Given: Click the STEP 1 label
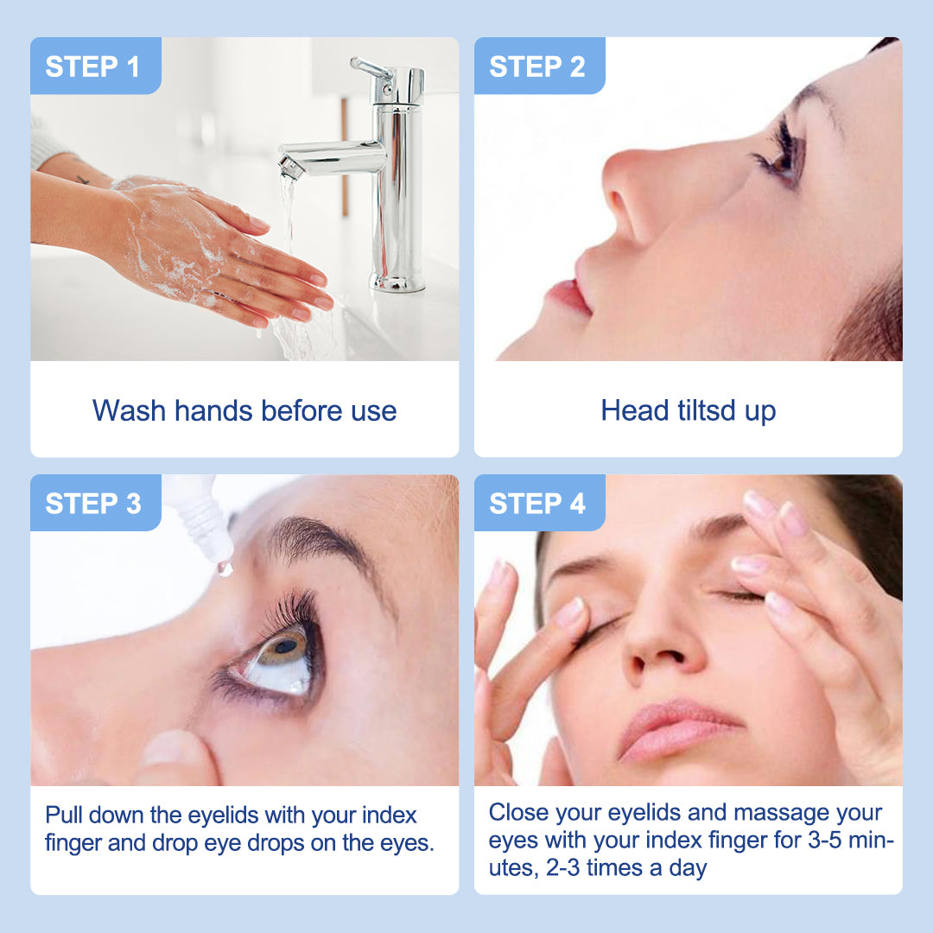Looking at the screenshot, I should (92, 67).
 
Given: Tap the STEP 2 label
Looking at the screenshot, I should (536, 67).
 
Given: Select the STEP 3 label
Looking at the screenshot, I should (92, 504).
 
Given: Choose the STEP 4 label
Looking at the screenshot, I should (536, 504).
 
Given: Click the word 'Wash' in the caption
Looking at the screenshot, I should (129, 410).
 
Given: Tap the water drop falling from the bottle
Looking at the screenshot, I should (225, 568).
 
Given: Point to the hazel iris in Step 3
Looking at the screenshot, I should (285, 650).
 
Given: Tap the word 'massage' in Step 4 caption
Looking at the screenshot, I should (779, 813).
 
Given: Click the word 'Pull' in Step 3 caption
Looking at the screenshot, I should (64, 816).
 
